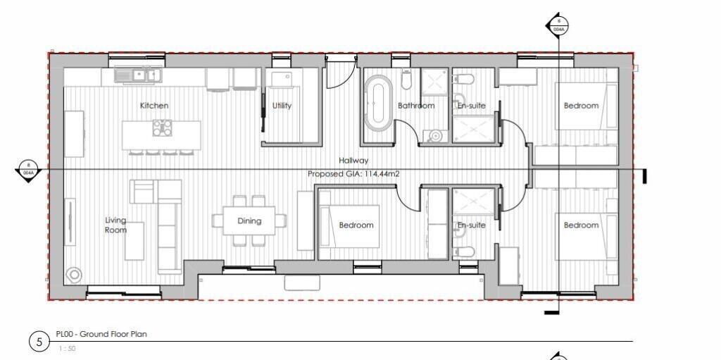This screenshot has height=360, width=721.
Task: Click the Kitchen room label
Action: click(x=154, y=106)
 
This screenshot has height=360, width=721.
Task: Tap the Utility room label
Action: click(x=282, y=106)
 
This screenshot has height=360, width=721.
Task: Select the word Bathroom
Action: click(x=415, y=106)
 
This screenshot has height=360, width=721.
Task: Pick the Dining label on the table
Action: click(x=249, y=221)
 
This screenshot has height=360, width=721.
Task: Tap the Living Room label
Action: click(x=115, y=225)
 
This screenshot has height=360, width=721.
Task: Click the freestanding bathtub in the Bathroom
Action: click(x=380, y=104)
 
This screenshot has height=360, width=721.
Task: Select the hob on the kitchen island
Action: click(x=162, y=128)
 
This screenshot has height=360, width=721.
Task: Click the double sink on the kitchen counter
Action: click(x=139, y=74)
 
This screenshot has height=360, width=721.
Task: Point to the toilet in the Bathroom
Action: click(x=406, y=80)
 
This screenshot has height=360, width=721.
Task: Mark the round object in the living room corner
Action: click(x=73, y=274)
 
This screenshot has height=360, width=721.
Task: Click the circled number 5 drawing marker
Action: click(x=39, y=342)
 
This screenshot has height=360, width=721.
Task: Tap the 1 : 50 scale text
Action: click(x=68, y=348)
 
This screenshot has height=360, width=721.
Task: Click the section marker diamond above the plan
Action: click(x=557, y=26)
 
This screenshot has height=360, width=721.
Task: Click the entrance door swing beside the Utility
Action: click(x=337, y=76)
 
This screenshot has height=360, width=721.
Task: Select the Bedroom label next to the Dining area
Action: click(x=356, y=225)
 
